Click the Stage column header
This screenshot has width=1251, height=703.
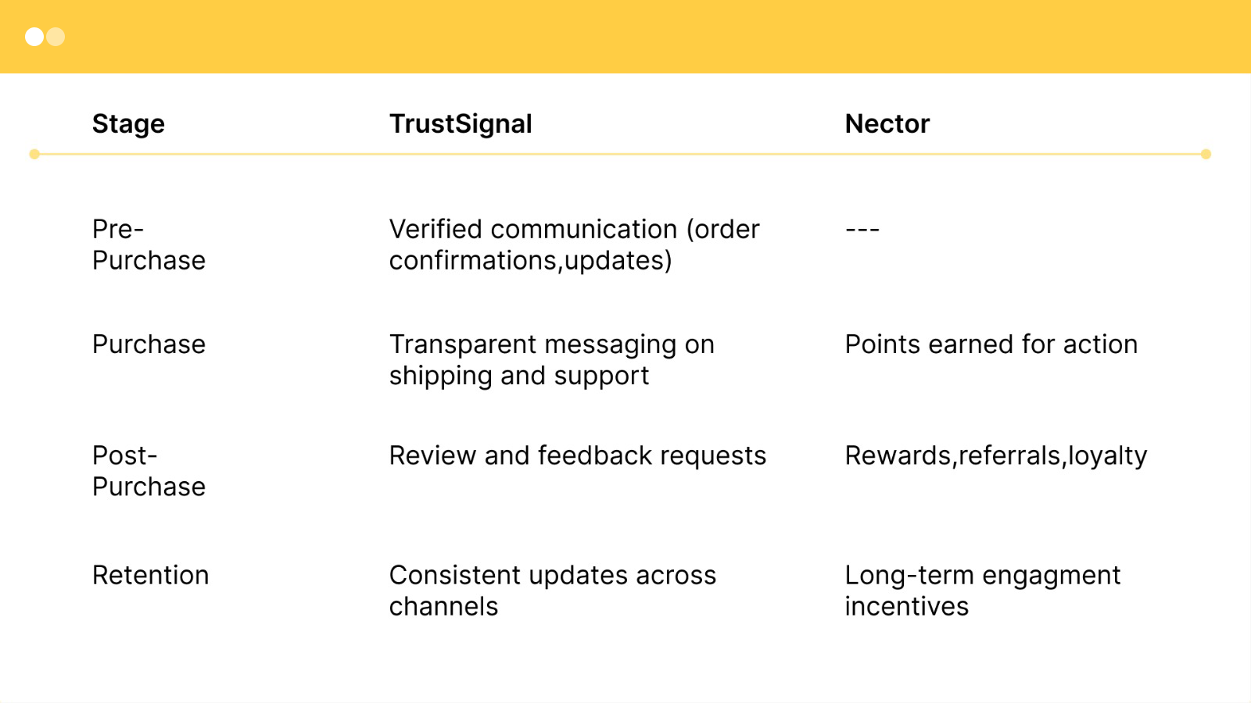coord(128,123)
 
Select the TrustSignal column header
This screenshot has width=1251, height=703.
coord(461,123)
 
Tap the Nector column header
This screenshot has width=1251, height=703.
coord(887,123)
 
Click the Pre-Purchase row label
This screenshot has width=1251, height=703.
coord(149,244)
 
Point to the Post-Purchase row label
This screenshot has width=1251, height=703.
coord(149,471)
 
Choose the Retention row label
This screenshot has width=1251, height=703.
coord(150,575)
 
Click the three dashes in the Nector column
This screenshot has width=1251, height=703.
coord(862,230)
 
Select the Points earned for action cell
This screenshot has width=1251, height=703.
coord(991,344)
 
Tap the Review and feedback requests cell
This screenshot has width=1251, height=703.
coord(577,455)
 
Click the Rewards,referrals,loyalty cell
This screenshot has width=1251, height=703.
coord(995,455)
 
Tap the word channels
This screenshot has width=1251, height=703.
coord(443,607)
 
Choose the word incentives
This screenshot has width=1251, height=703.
coord(906,607)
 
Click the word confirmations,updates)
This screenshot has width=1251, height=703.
coord(530,261)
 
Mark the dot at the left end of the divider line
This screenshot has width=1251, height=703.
coord(34,155)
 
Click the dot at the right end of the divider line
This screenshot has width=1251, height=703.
coord(1206,155)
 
